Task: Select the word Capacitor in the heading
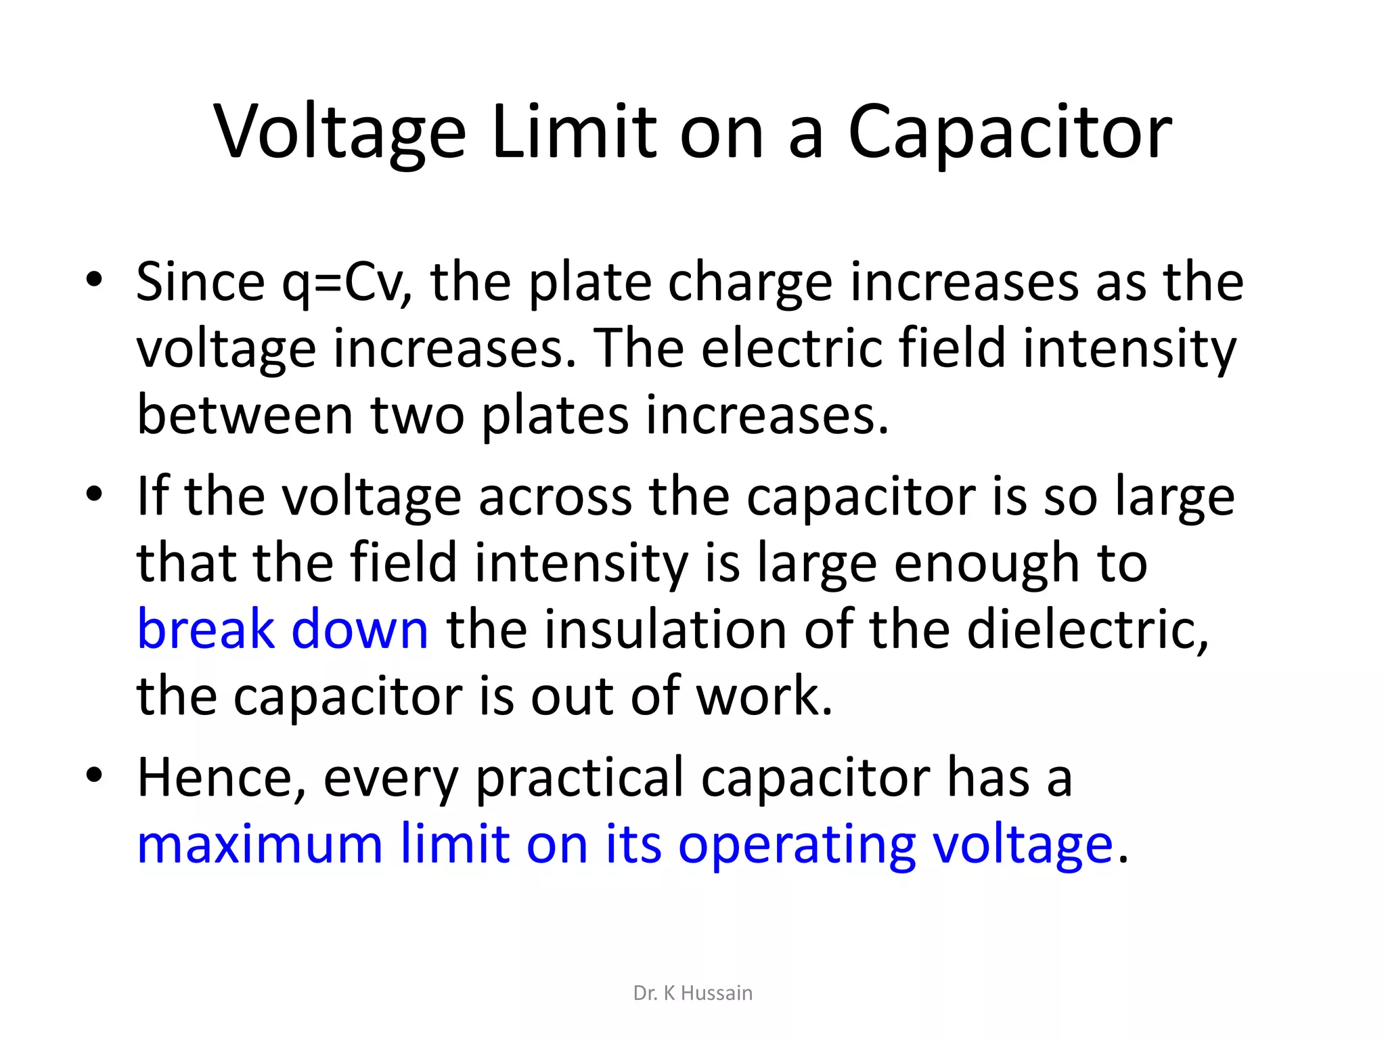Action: tap(1010, 133)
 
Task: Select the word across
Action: tap(555, 497)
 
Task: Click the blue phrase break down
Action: tap(282, 630)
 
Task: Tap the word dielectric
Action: tap(1087, 630)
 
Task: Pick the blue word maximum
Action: tap(260, 845)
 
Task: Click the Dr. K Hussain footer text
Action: tap(692, 993)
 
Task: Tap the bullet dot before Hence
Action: tap(94, 775)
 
